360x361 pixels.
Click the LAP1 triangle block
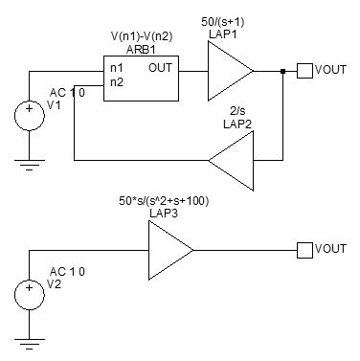tap(230, 71)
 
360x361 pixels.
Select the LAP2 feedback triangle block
tap(231, 161)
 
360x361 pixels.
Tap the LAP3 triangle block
tap(170, 251)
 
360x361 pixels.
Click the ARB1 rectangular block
tap(141, 79)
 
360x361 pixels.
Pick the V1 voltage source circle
tap(30, 116)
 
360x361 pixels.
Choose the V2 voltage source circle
tap(30, 295)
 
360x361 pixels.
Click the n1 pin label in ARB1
tap(117, 68)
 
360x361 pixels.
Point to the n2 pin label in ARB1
tap(117, 82)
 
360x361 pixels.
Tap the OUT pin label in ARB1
tap(160, 68)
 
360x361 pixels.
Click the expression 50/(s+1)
tap(222, 22)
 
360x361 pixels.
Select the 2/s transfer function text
tap(237, 111)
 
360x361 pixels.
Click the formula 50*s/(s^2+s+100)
tap(164, 201)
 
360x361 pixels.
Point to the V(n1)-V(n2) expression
tap(142, 36)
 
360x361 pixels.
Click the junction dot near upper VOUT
tap(282, 71)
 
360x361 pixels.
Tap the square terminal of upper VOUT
tap(304, 71)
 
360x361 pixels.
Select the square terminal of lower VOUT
tap(304, 250)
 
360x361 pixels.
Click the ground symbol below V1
tap(30, 165)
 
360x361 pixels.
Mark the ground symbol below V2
tap(30, 344)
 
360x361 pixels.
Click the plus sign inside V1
tap(30, 108)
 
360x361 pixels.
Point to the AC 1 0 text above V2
tap(67, 272)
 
